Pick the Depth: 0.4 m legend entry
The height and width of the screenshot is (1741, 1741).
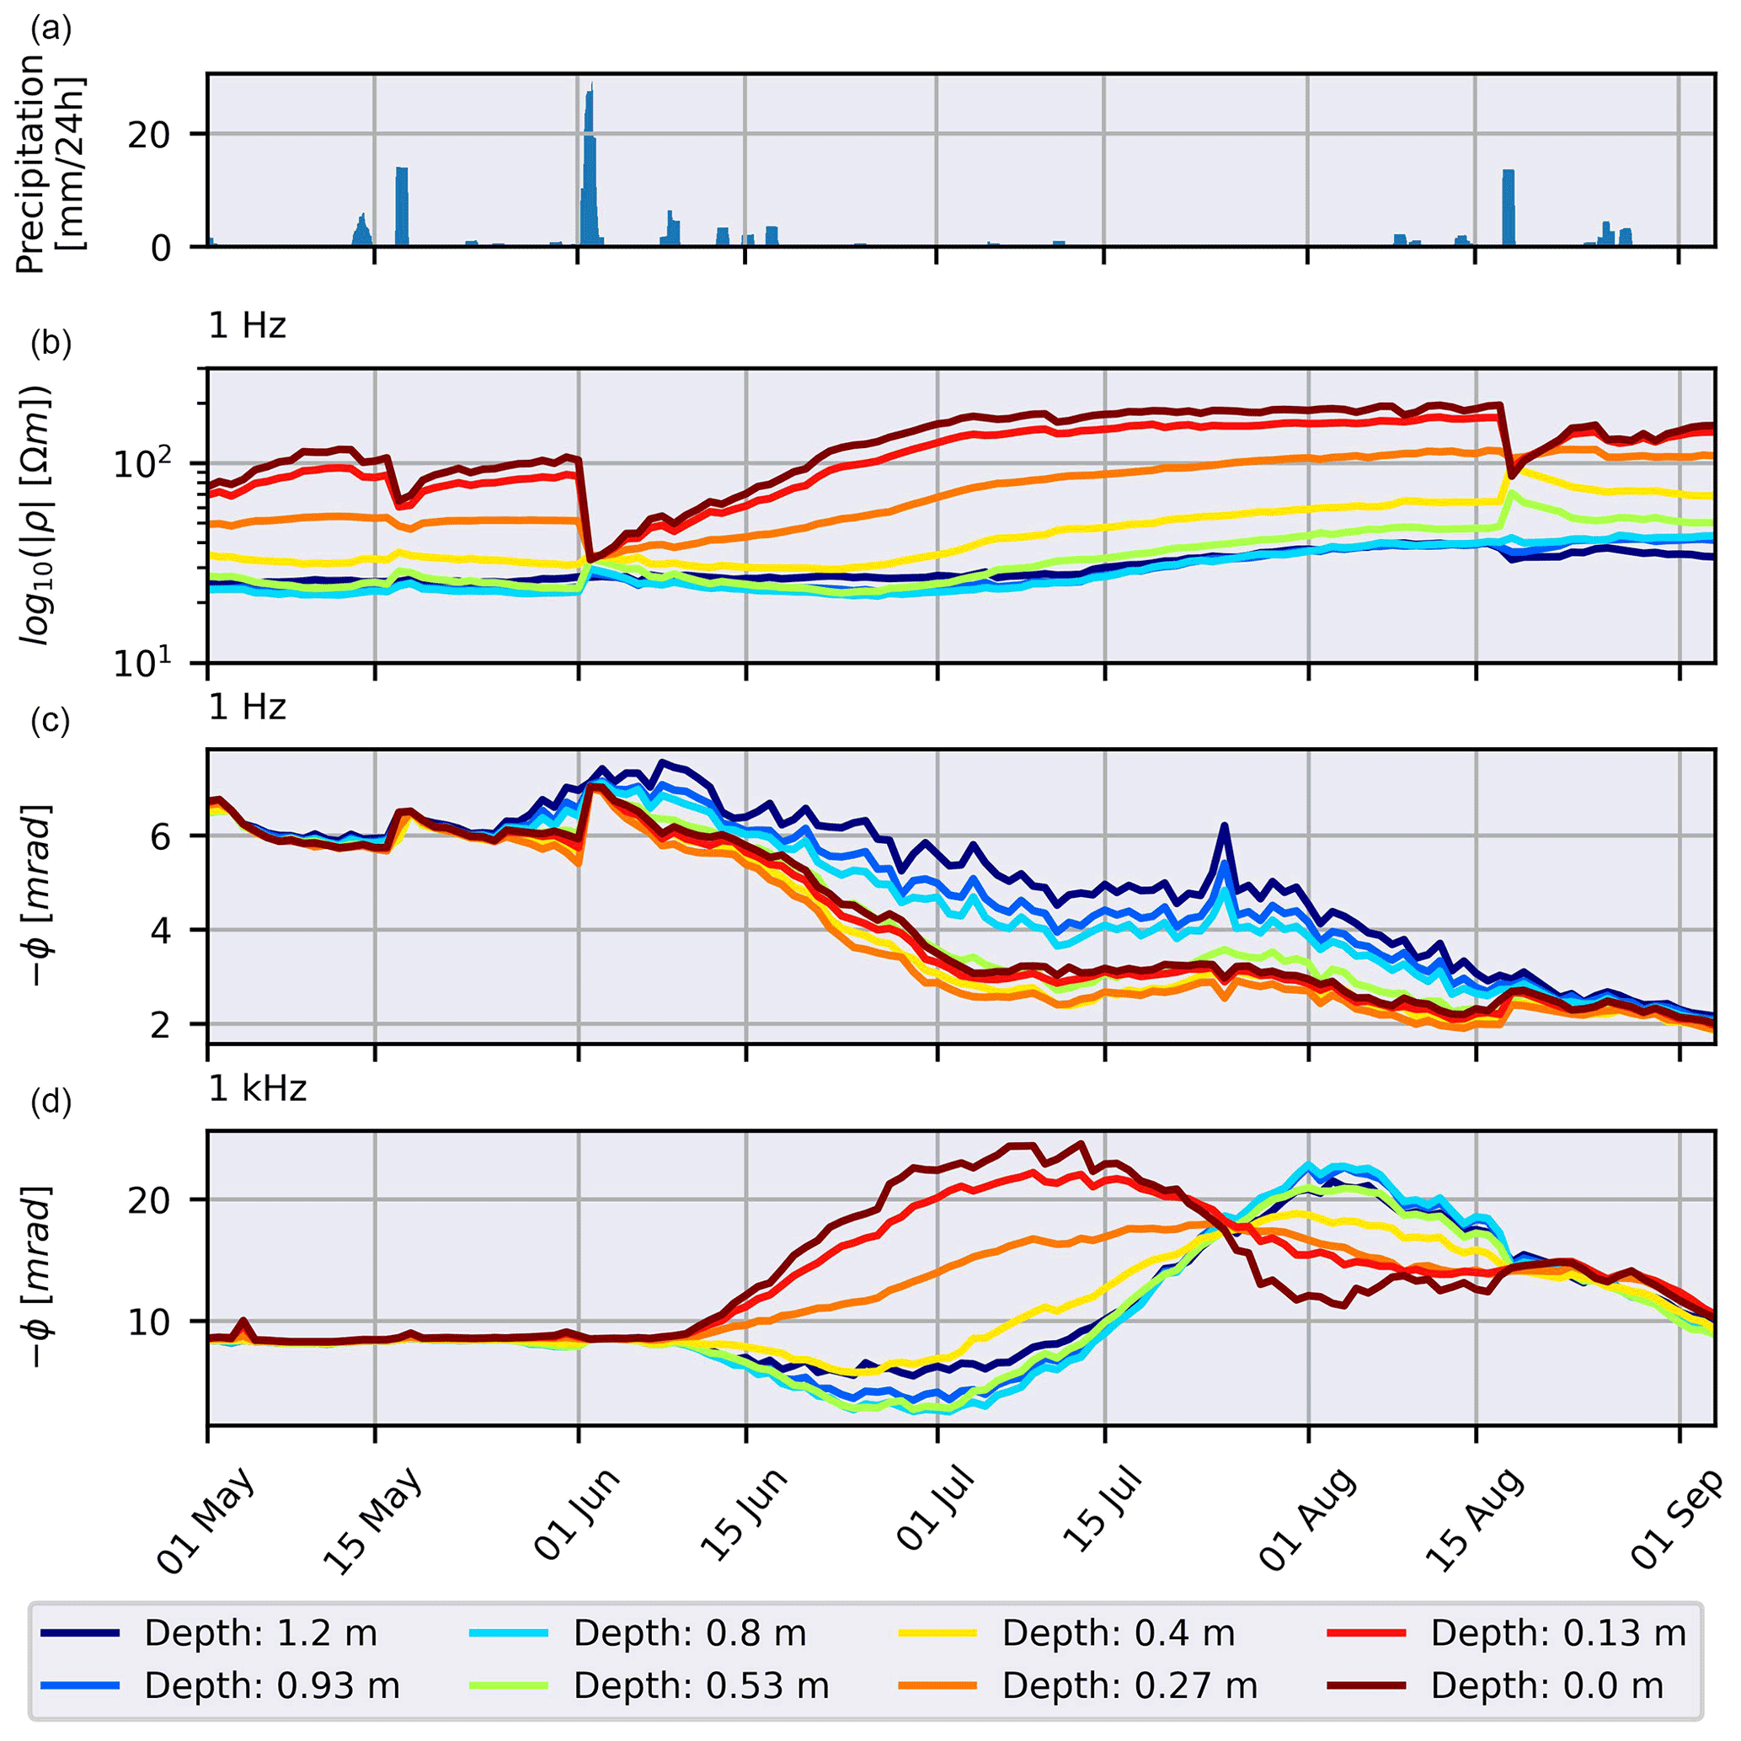(x=1119, y=1633)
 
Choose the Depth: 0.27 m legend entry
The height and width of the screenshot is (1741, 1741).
(x=1130, y=1685)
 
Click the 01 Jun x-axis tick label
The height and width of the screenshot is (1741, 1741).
(x=577, y=1514)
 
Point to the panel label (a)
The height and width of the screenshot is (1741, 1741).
(x=51, y=29)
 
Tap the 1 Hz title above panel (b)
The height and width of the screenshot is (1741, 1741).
(x=247, y=325)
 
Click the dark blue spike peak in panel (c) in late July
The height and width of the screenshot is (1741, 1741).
(x=1224, y=825)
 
